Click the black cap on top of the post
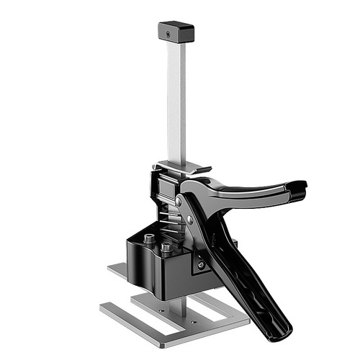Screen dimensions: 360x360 (175, 32)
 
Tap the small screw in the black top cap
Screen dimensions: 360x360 (167, 34)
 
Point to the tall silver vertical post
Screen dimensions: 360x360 (176, 101)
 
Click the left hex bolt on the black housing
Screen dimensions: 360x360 (148, 238)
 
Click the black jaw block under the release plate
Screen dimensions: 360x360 (163, 189)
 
